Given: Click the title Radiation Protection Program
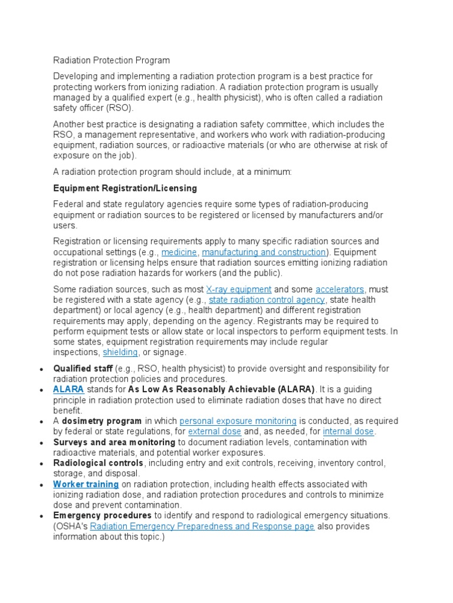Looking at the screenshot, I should pyautogui.click(x=111, y=60).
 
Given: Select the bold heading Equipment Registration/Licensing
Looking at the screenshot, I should pyautogui.click(x=125, y=188).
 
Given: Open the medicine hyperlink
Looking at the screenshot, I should pyautogui.click(x=179, y=252).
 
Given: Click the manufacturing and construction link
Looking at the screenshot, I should pyautogui.click(x=264, y=252).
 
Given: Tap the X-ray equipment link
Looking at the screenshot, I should pyautogui.click(x=239, y=289).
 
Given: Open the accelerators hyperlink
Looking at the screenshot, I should pyautogui.click(x=340, y=289).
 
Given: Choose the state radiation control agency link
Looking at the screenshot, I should pyautogui.click(x=267, y=300).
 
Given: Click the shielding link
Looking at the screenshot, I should pyautogui.click(x=120, y=352).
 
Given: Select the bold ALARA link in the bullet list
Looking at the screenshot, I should pyautogui.click(x=68, y=390).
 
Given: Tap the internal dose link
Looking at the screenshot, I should pyautogui.click(x=348, y=432).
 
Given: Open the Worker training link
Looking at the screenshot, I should pyautogui.click(x=86, y=484).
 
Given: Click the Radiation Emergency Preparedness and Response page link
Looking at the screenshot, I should pyautogui.click(x=202, y=526).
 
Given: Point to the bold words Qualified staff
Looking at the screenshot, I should pyautogui.click(x=83, y=369).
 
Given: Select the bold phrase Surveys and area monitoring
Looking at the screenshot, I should pyautogui.click(x=114, y=442).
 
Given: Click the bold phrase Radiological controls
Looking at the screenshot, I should pyautogui.click(x=99, y=463).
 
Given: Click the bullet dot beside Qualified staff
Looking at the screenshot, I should pyautogui.click(x=41, y=369).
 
